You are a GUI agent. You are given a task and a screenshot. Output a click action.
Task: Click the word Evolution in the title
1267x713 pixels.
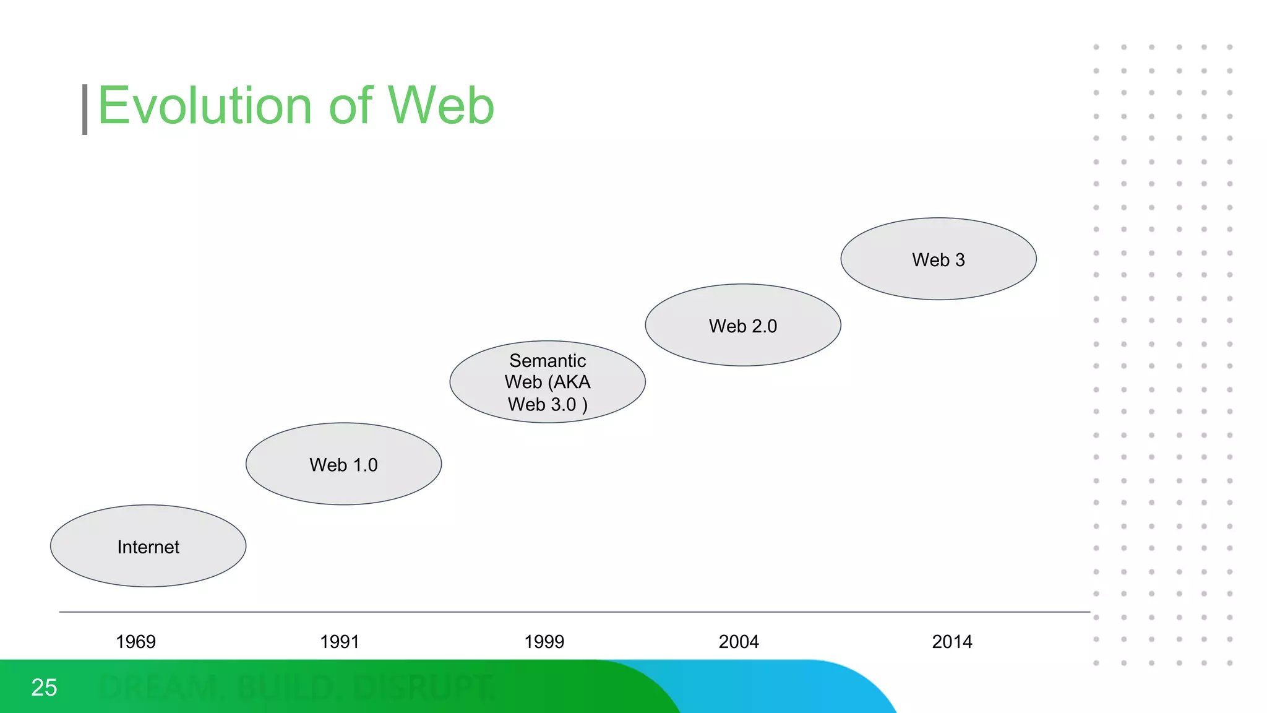click(205, 106)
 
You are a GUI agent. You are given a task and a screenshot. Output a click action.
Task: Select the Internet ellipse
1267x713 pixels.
click(148, 547)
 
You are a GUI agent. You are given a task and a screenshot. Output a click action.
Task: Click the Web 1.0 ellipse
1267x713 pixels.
click(343, 464)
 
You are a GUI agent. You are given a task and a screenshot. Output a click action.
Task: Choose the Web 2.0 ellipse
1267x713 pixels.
click(742, 326)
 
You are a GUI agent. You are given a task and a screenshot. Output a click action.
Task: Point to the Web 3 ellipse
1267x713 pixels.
click(938, 259)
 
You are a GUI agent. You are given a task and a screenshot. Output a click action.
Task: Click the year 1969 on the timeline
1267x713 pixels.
click(135, 642)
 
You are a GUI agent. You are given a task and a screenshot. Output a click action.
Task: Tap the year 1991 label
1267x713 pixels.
click(340, 642)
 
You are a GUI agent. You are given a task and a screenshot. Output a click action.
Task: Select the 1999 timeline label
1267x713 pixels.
click(544, 642)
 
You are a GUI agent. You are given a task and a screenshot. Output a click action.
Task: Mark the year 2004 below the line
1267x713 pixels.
click(739, 642)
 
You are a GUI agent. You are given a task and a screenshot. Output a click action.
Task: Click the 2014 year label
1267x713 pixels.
click(952, 642)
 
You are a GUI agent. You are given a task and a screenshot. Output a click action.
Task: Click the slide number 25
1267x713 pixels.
click(44, 688)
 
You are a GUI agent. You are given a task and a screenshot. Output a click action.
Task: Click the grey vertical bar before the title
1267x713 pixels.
click(85, 110)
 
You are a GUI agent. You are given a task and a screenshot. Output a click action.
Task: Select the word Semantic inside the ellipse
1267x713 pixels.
click(548, 360)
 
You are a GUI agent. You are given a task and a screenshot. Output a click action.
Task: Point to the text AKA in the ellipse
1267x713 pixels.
click(572, 382)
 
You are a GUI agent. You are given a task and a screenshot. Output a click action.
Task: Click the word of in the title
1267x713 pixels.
click(351, 106)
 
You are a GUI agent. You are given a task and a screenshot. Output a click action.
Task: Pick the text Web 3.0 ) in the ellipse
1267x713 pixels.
click(548, 404)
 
